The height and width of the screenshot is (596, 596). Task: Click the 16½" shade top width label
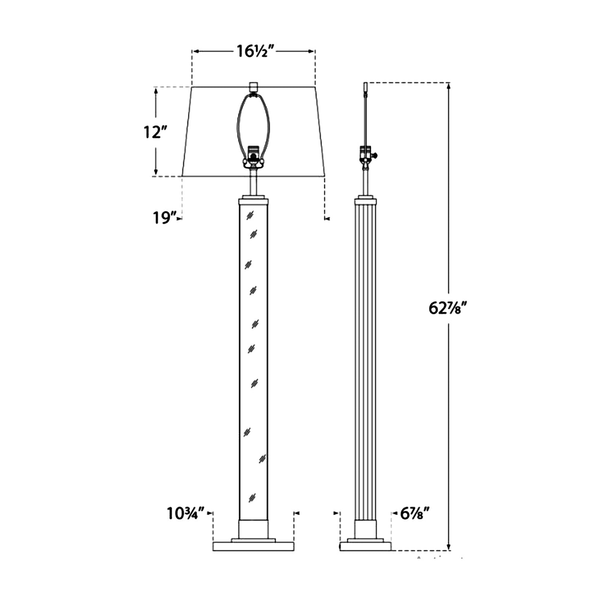coord(255,52)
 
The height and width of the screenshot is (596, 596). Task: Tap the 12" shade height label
coord(155,132)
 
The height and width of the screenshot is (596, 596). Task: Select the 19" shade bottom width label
coord(165,218)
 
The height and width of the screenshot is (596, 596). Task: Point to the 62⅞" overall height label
coord(447,308)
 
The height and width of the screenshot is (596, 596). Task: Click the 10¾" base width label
coord(186,514)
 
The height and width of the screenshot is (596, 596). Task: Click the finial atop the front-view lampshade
coord(254,86)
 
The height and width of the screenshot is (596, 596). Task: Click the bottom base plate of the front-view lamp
coord(253,547)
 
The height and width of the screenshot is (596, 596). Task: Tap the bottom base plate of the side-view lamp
coord(365,547)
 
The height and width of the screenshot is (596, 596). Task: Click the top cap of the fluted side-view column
coord(365,202)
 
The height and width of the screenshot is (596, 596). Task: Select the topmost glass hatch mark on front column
coord(250,215)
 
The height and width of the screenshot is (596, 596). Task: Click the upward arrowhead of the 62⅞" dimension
coord(449,86)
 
